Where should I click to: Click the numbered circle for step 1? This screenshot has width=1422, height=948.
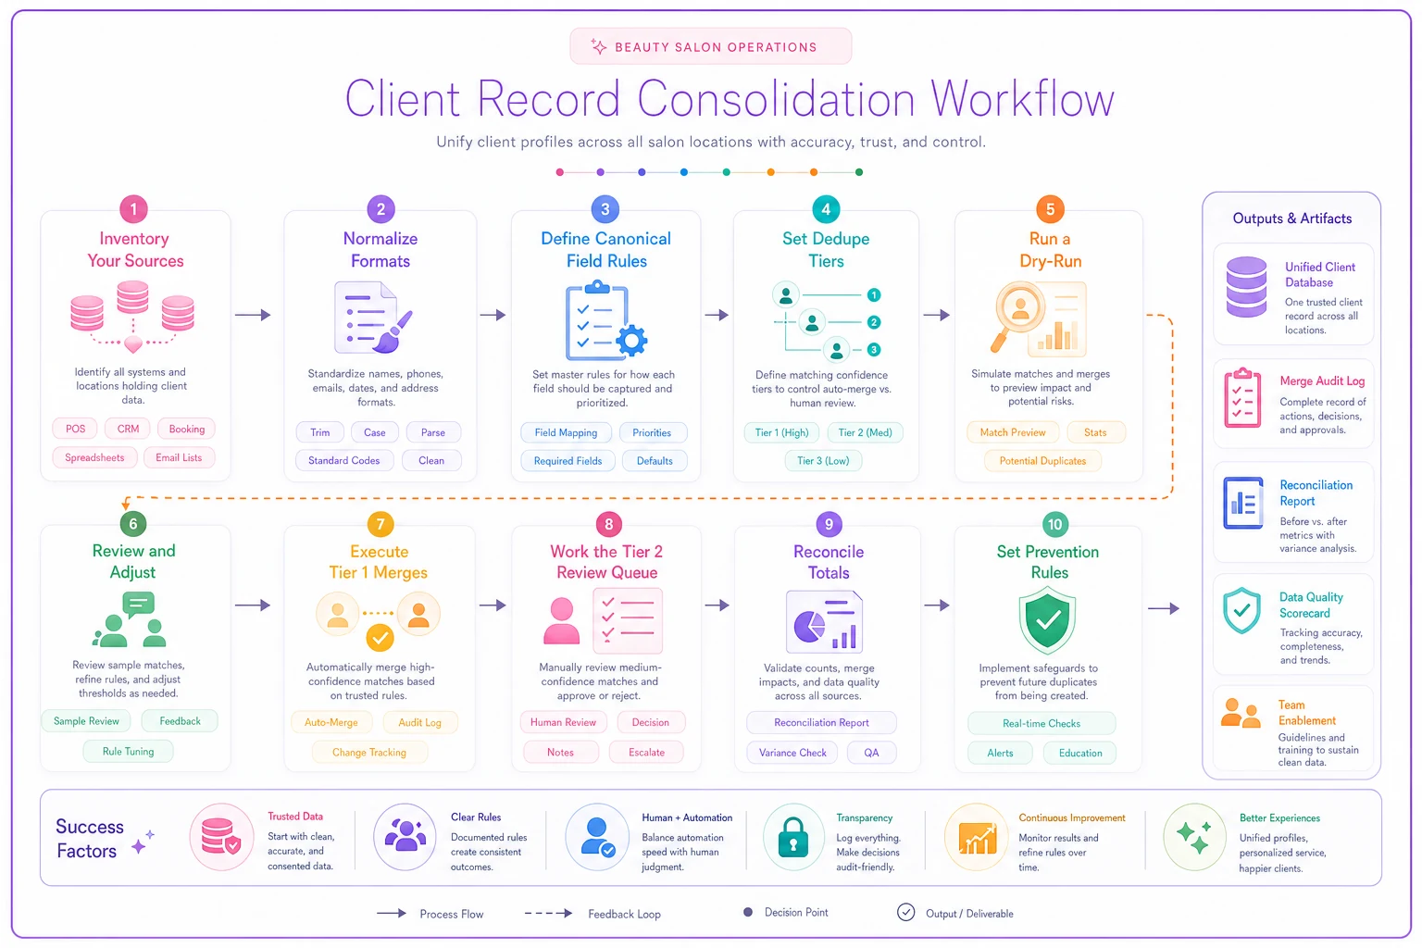(x=133, y=209)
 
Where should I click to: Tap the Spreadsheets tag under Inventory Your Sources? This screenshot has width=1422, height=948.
(x=94, y=457)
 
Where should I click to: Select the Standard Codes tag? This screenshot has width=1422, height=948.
(x=344, y=460)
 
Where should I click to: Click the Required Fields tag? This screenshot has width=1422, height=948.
(x=568, y=461)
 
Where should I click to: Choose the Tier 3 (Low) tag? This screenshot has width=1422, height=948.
(x=823, y=461)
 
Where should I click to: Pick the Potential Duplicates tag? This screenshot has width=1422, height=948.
(x=1042, y=461)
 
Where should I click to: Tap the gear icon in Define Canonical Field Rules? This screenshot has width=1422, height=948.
(x=631, y=341)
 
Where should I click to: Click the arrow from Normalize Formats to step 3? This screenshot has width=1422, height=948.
(x=493, y=315)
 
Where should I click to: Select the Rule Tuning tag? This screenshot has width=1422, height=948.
(x=129, y=751)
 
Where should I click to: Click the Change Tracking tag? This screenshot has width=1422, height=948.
(x=368, y=753)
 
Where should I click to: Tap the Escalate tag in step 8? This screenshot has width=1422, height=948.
(x=646, y=753)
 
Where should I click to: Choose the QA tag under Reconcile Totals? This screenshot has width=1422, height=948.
(x=871, y=753)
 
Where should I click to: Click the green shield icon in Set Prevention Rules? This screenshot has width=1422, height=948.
(x=1047, y=620)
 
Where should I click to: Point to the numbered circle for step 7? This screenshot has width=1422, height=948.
(x=380, y=524)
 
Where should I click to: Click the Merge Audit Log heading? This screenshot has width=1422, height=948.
(x=1322, y=381)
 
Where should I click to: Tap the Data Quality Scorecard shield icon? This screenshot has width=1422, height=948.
(x=1241, y=610)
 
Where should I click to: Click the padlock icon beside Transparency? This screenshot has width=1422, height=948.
(x=792, y=836)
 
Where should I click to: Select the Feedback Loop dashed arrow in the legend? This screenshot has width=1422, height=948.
(x=548, y=914)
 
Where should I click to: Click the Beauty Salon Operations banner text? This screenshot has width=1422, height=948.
(x=716, y=47)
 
